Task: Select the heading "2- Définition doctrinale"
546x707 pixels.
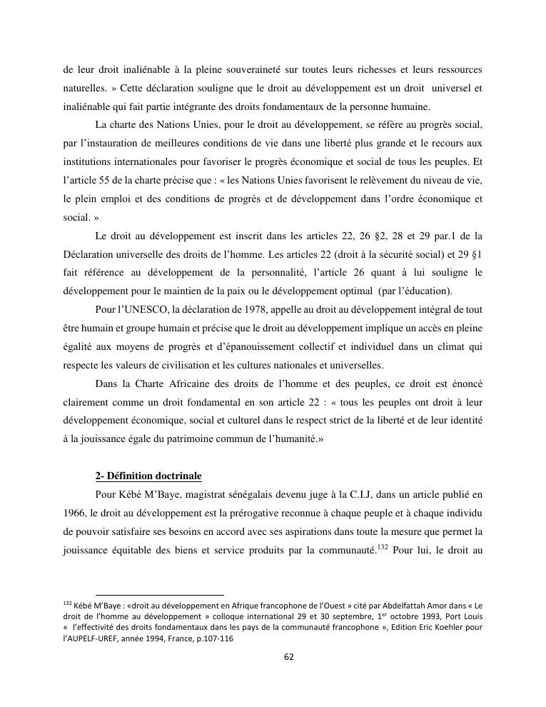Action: pyautogui.click(x=148, y=476)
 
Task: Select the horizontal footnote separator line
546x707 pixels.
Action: pyautogui.click(x=159, y=594)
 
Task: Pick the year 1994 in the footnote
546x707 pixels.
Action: pyautogui.click(x=157, y=641)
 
